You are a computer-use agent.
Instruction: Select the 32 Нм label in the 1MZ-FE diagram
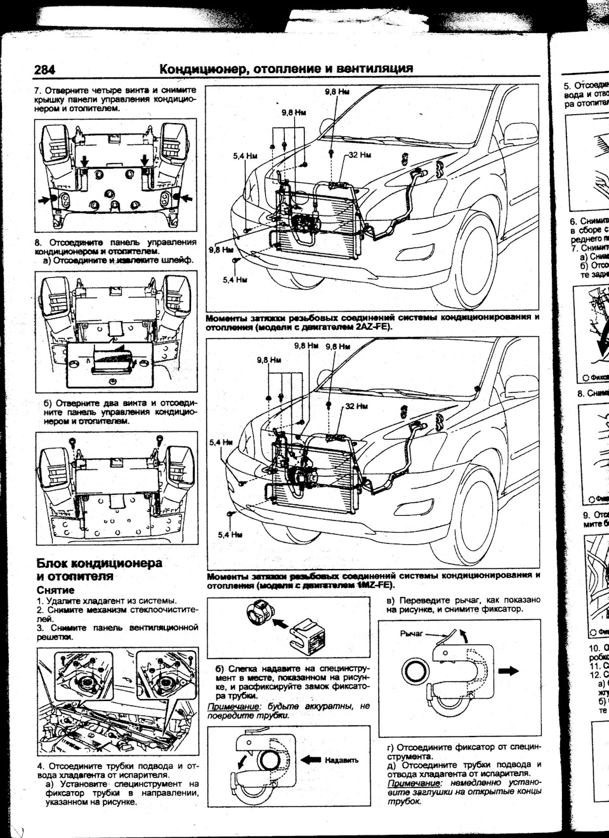click(357, 405)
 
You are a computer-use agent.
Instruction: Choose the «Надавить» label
click(342, 760)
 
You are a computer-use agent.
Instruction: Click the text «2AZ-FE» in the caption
click(369, 327)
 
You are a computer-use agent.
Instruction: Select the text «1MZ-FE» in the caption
click(373, 584)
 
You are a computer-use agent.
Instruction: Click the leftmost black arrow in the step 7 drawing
click(45, 200)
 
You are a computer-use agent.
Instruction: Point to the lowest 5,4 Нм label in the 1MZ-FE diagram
click(230, 535)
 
